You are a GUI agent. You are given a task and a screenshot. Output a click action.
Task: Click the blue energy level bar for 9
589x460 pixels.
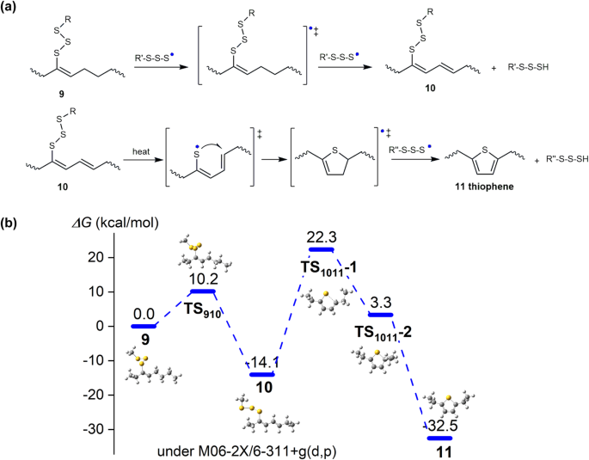(143, 327)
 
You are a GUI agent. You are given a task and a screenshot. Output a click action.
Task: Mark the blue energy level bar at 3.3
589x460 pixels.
(380, 315)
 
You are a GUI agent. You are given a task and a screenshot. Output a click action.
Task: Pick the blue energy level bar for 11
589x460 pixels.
(439, 438)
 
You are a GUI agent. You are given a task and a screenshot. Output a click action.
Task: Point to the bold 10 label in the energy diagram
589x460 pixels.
(261, 389)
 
